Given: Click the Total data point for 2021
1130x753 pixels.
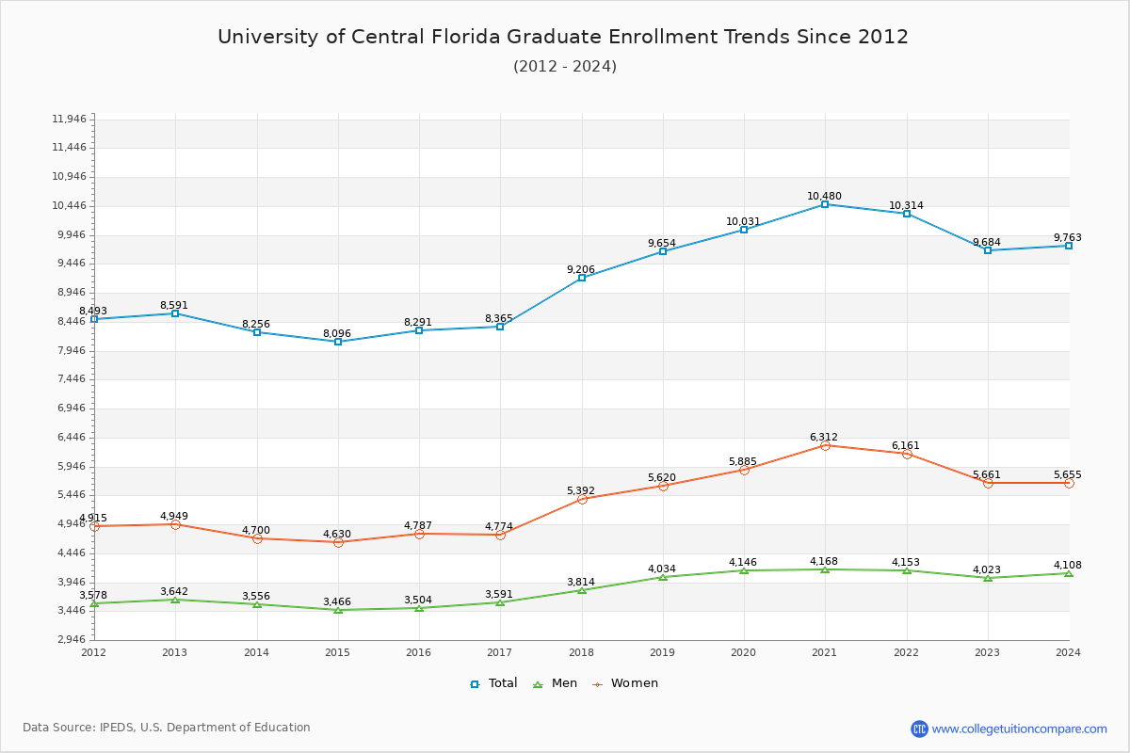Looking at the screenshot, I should click(x=825, y=204).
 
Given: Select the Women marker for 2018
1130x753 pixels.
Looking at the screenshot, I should click(x=582, y=499).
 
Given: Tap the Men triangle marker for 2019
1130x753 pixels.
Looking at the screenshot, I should click(x=663, y=577).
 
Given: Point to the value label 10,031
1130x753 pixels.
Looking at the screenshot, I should click(x=743, y=222).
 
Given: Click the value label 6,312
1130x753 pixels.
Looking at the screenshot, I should click(x=824, y=437).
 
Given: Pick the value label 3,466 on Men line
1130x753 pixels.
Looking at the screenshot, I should click(x=337, y=601).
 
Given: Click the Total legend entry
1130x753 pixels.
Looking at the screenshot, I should click(x=494, y=683).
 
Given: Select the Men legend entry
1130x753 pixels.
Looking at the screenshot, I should click(x=556, y=683).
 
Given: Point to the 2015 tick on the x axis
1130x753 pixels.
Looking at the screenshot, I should click(x=337, y=651).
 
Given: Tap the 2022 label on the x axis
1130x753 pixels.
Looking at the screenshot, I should click(x=906, y=651).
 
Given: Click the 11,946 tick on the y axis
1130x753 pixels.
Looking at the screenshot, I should click(x=69, y=119).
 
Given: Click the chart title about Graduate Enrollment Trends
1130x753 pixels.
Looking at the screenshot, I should click(x=563, y=37).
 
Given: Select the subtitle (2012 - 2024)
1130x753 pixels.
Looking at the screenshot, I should click(x=564, y=67).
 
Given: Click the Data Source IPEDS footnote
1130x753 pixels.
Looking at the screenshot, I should click(x=167, y=728).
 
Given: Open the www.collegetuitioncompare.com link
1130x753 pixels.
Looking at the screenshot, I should click(x=1019, y=729).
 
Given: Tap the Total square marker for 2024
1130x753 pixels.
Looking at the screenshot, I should click(x=1069, y=246).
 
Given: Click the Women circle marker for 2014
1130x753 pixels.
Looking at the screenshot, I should click(x=257, y=538).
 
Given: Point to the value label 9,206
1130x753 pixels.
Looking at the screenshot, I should click(x=581, y=269).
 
